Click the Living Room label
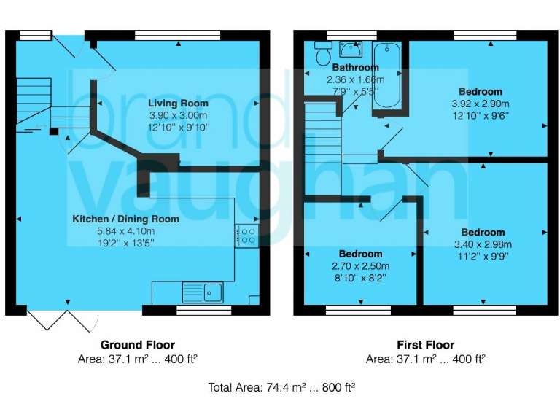(x=179, y=103)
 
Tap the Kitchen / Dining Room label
(x=125, y=219)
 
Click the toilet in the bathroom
(x=323, y=53)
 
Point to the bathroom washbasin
(x=351, y=50)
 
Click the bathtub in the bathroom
(x=384, y=79)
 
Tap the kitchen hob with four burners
(x=247, y=236)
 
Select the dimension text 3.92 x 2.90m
(x=480, y=104)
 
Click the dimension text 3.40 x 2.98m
(x=482, y=244)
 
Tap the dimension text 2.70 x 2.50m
(x=360, y=265)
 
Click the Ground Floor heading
(x=137, y=345)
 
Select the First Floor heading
(x=425, y=345)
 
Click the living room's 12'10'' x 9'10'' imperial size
(x=179, y=127)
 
